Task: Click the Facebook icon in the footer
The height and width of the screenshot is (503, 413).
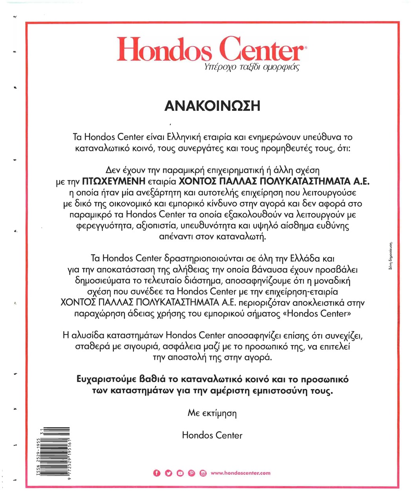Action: (x=157, y=473)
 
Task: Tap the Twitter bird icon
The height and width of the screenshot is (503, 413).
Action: (x=168, y=473)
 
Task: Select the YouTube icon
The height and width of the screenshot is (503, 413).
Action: (x=180, y=473)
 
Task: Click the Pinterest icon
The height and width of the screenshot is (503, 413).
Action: (x=192, y=473)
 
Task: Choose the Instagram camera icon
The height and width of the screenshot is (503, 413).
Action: (x=203, y=473)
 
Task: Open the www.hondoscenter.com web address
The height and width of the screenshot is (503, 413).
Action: (x=240, y=473)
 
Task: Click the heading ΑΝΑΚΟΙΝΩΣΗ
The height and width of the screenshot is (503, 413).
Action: (x=212, y=106)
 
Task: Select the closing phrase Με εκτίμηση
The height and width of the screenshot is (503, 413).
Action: (x=212, y=413)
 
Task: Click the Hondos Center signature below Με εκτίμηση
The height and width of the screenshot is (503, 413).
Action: (x=212, y=435)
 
